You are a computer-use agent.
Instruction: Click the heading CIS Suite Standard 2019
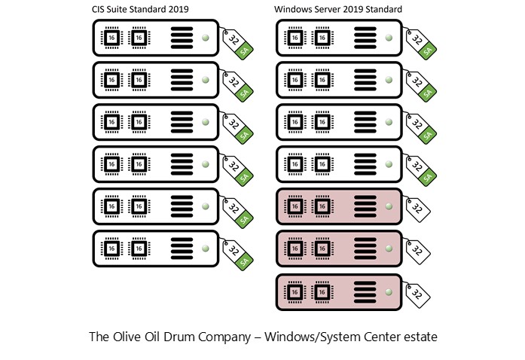[x=139, y=9]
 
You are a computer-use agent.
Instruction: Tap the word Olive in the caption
[x=149, y=337]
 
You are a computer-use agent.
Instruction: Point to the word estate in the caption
[x=419, y=337]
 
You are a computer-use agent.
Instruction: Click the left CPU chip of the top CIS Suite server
[x=111, y=37]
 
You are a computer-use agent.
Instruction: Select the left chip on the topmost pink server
[x=295, y=206]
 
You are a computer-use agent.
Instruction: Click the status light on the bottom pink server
[x=389, y=291]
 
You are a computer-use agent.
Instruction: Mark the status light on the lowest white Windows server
[x=389, y=163]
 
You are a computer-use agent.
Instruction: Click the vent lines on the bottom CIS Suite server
[x=182, y=249]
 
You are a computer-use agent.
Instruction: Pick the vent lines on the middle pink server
[x=365, y=249]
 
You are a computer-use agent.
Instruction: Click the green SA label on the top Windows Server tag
[x=427, y=51]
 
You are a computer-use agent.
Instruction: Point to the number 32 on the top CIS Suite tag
[x=234, y=38]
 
